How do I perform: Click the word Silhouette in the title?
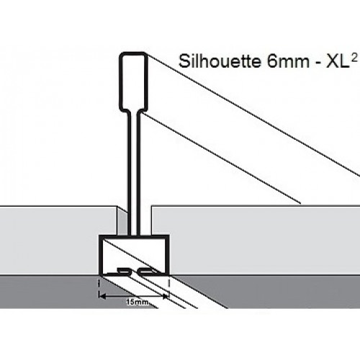pos(220,61)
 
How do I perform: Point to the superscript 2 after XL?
pos(354,57)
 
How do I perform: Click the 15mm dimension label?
pos(138,302)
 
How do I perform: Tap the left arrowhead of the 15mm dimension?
pos(102,297)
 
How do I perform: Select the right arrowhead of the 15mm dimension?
pos(166,297)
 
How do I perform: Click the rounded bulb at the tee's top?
pos(133,81)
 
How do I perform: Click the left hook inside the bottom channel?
pos(124,271)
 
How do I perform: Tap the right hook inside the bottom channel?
pos(145,271)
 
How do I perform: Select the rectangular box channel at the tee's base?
pos(134,255)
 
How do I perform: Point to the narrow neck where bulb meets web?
pos(133,112)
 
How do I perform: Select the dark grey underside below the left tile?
pos(48,292)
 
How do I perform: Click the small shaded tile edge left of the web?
pos(122,221)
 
